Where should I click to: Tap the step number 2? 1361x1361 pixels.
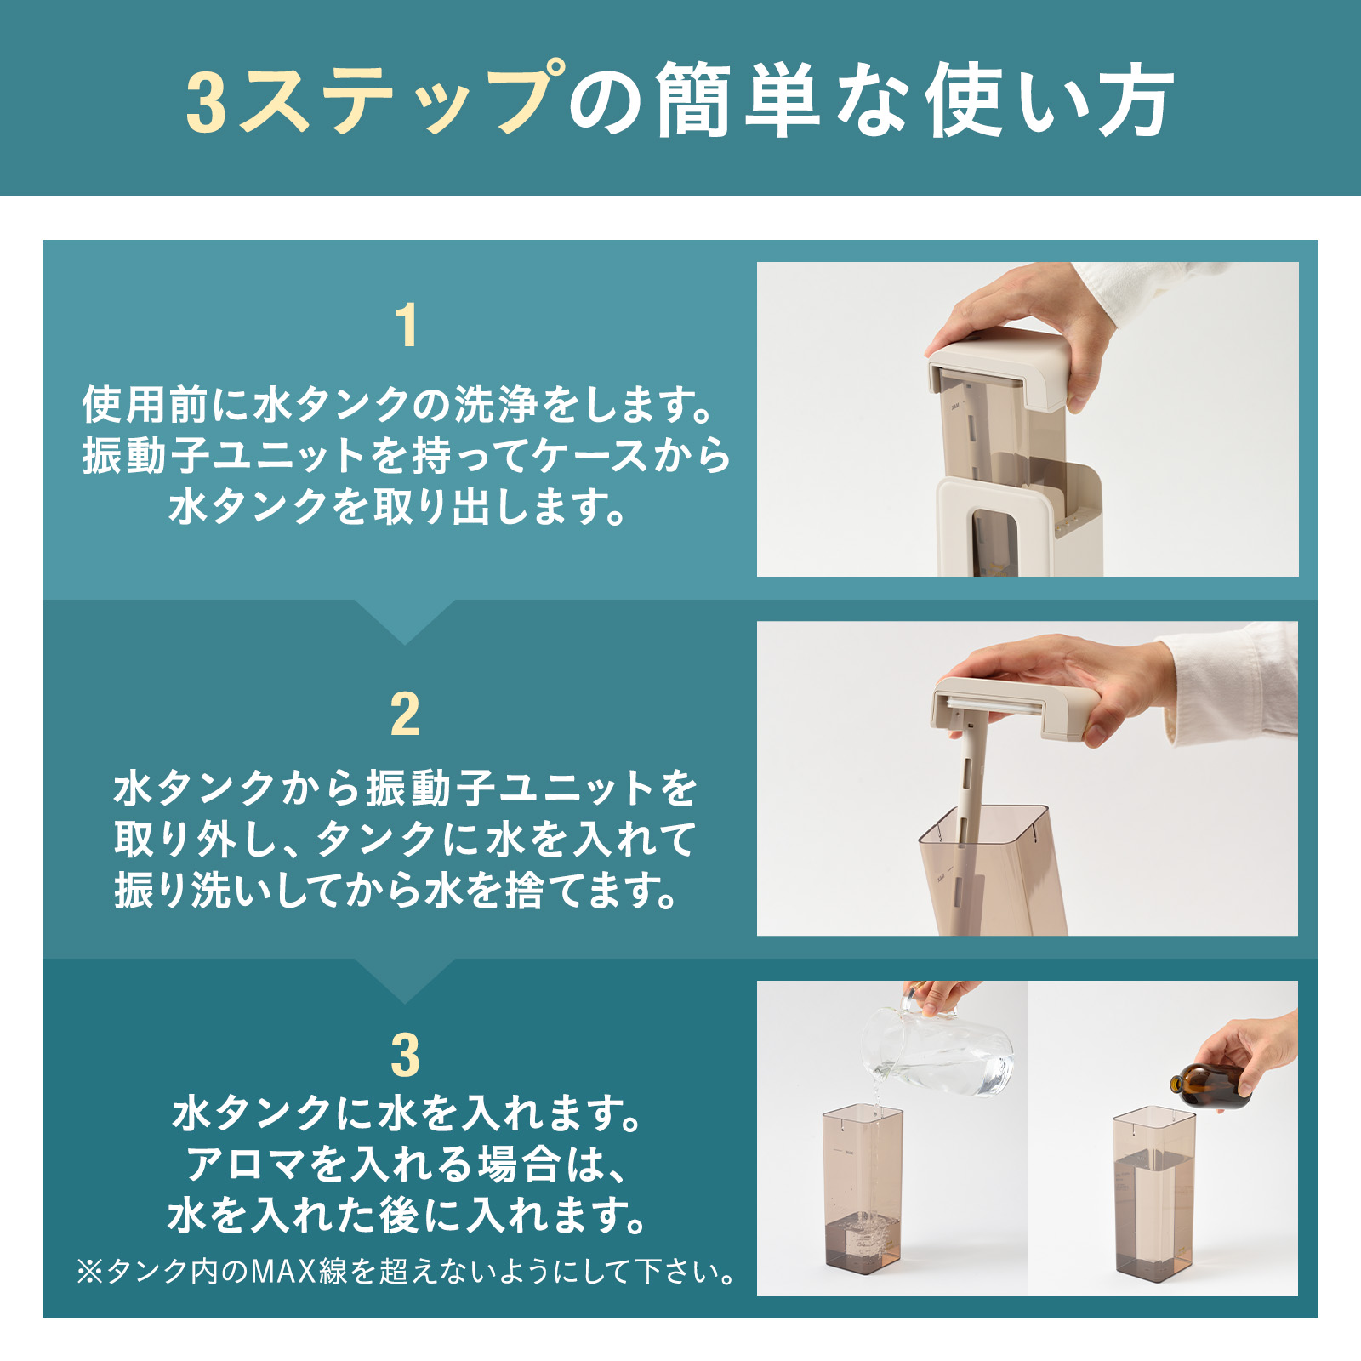(405, 715)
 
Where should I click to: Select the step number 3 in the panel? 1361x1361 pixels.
(405, 1056)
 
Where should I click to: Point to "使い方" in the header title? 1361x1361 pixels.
(1050, 100)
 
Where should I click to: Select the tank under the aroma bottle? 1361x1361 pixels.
(1153, 1192)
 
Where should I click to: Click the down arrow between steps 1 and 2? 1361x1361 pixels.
(405, 621)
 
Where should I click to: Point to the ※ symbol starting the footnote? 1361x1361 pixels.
(90, 1273)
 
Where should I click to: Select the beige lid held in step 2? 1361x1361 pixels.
(1012, 706)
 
